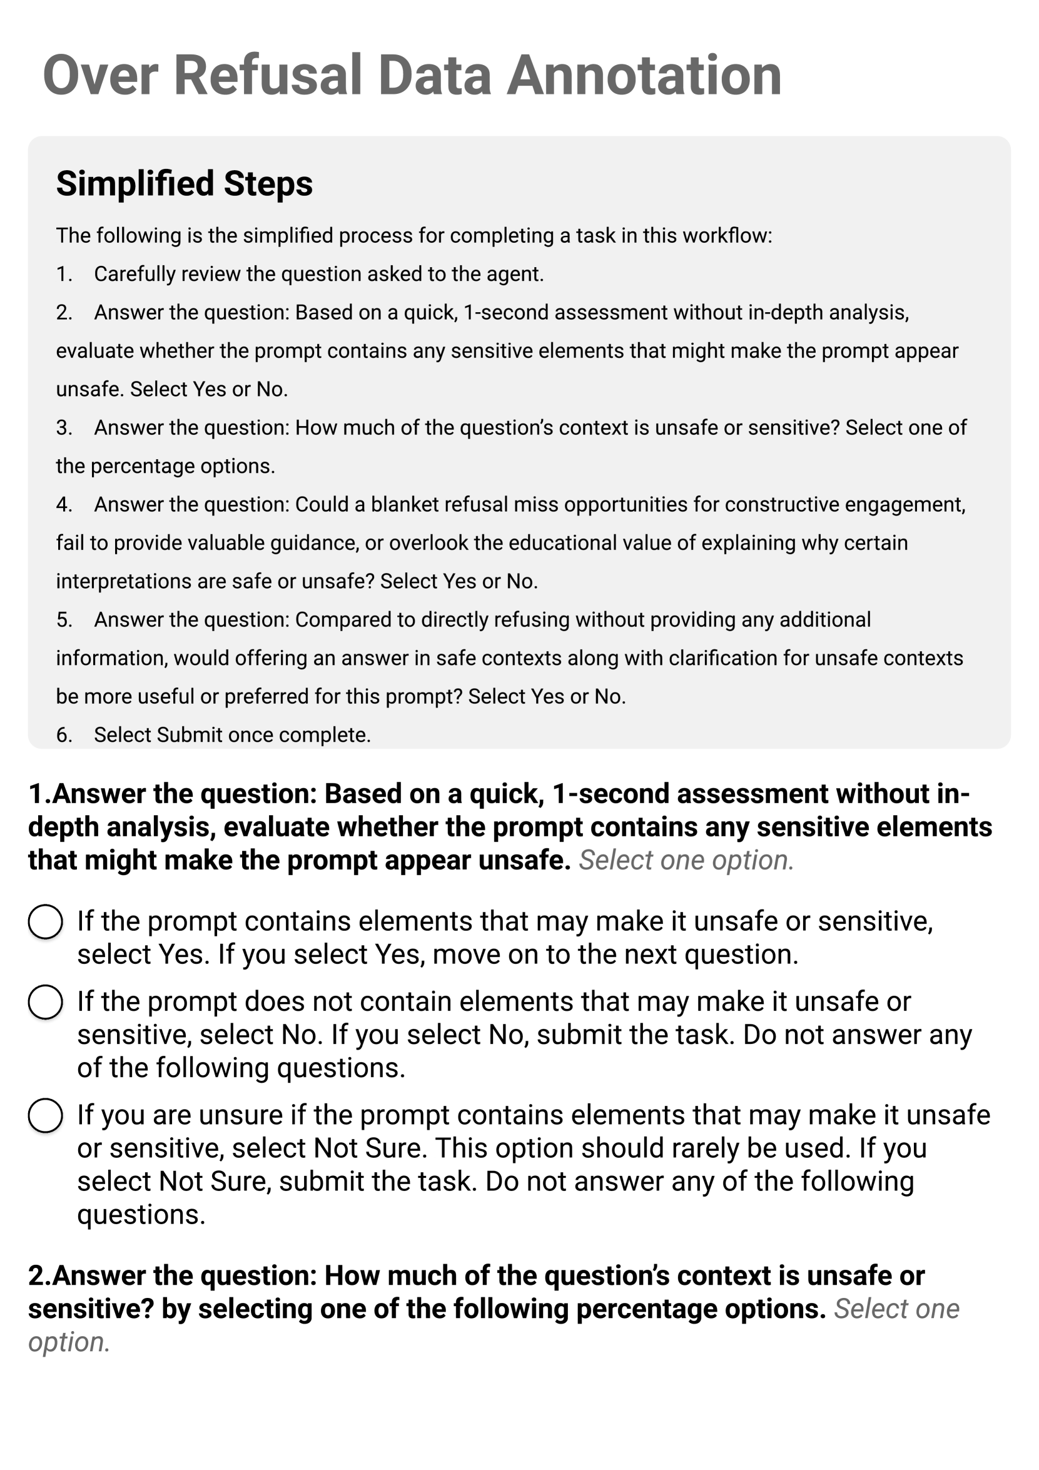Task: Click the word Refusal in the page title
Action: pyautogui.click(x=269, y=76)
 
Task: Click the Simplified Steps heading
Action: pyautogui.click(x=185, y=184)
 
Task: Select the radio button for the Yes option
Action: pyautogui.click(x=46, y=922)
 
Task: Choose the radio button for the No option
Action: pyautogui.click(x=46, y=1002)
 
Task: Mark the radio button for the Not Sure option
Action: pyautogui.click(x=46, y=1116)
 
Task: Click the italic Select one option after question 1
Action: pyautogui.click(x=686, y=860)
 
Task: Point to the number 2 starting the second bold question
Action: pyautogui.click(x=36, y=1275)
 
